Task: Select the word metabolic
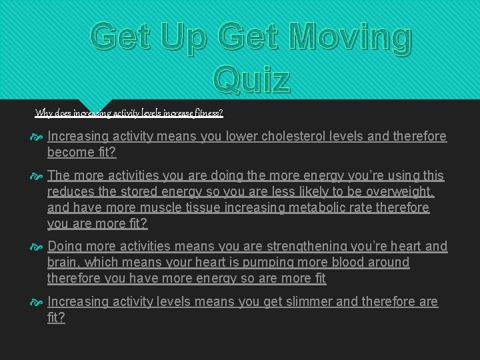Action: coord(333,208)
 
